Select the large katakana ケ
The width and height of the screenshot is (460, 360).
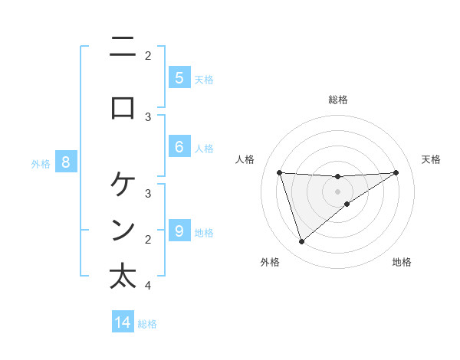[x=123, y=184]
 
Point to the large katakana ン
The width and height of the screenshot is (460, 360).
[x=123, y=230]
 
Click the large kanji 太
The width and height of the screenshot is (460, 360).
[x=123, y=277]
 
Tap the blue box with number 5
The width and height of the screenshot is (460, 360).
[x=179, y=78]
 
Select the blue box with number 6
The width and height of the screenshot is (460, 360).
[x=179, y=146]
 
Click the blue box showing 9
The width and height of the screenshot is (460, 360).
[x=179, y=231]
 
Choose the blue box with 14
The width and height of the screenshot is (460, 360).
[x=123, y=322]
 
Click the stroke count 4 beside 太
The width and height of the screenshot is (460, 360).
[x=147, y=286]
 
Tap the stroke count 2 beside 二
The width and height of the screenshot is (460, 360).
[x=147, y=55]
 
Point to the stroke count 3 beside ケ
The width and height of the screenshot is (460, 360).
[x=147, y=193]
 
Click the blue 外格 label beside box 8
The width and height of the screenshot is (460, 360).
[x=40, y=163]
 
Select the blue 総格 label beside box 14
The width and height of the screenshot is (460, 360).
[x=147, y=324]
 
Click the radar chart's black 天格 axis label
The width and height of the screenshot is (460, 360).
[x=431, y=159]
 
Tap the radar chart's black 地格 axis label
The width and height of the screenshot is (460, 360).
[x=402, y=262]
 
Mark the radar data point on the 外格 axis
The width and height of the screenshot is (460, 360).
[x=301, y=242]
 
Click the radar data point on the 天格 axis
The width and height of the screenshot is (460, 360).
[x=396, y=172]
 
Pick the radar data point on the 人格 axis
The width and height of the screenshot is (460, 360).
[x=279, y=172]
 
